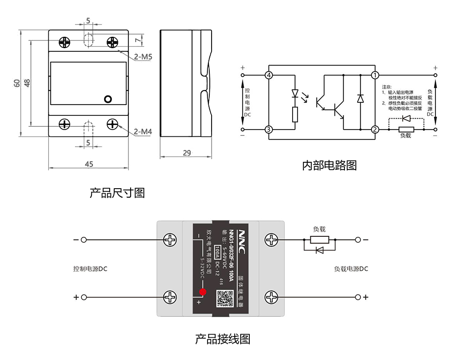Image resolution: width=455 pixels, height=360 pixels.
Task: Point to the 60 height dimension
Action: click(x=17, y=83)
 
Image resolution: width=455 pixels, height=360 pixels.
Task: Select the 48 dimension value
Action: click(x=27, y=83)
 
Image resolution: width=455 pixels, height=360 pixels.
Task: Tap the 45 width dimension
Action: click(x=89, y=164)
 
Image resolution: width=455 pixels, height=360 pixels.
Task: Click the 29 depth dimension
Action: click(x=187, y=153)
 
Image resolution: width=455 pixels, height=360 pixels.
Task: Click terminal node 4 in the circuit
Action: click(x=269, y=75)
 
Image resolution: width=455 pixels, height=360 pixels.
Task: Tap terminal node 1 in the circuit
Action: click(x=375, y=75)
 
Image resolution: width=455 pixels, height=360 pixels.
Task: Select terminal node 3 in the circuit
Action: click(x=269, y=130)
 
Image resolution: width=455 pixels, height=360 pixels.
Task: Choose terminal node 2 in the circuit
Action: click(x=375, y=130)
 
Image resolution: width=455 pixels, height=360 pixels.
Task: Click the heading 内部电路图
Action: click(x=329, y=165)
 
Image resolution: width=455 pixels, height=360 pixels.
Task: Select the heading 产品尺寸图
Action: click(x=117, y=193)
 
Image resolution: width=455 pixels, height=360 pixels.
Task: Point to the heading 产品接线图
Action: click(x=222, y=339)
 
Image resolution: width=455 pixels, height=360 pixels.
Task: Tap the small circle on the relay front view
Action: click(x=108, y=99)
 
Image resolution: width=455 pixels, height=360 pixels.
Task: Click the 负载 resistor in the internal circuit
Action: click(x=406, y=130)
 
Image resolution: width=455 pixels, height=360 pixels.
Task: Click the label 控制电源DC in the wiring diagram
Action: click(x=90, y=269)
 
